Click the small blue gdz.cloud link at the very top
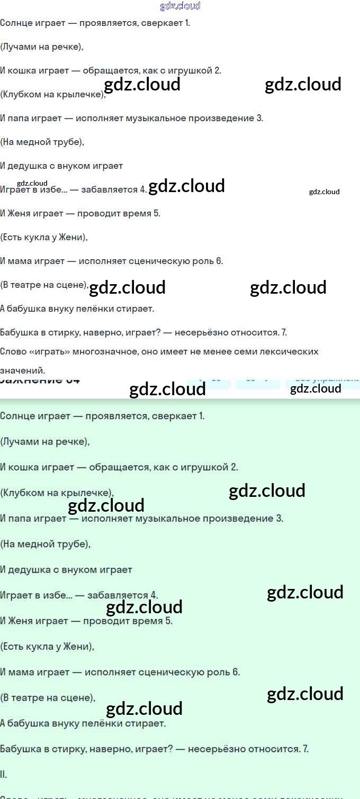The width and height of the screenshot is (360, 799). (x=180, y=6)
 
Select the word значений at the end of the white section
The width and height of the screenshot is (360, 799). (x=22, y=370)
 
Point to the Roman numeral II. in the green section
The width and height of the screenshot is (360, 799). (x=4, y=774)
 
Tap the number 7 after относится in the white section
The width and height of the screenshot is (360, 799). (x=284, y=332)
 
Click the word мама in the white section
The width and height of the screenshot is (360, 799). (x=21, y=261)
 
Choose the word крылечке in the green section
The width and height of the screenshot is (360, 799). (x=88, y=493)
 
